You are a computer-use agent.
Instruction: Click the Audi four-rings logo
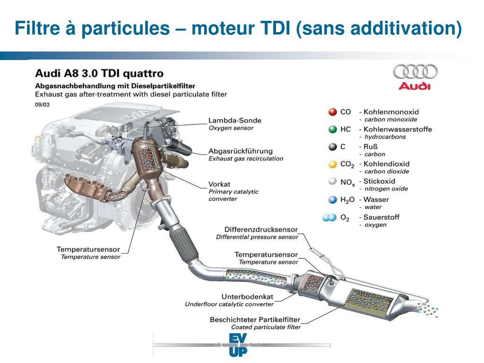(415, 72)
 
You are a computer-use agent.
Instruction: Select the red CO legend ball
(333, 112)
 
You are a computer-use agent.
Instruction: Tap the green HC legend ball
(333, 130)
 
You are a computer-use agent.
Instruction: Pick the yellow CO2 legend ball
(333, 164)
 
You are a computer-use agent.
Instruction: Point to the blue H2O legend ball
(333, 199)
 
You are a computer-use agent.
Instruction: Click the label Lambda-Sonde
(234, 121)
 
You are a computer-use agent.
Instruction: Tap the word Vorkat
(219, 184)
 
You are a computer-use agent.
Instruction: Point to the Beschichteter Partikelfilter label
(255, 320)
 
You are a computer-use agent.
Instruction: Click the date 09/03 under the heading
(42, 104)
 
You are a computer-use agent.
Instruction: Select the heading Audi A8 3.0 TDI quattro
(99, 74)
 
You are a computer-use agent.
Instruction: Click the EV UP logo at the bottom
(237, 345)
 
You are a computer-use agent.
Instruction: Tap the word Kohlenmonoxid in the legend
(391, 112)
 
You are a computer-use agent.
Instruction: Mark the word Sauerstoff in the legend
(381, 217)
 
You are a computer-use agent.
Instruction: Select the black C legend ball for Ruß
(333, 147)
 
